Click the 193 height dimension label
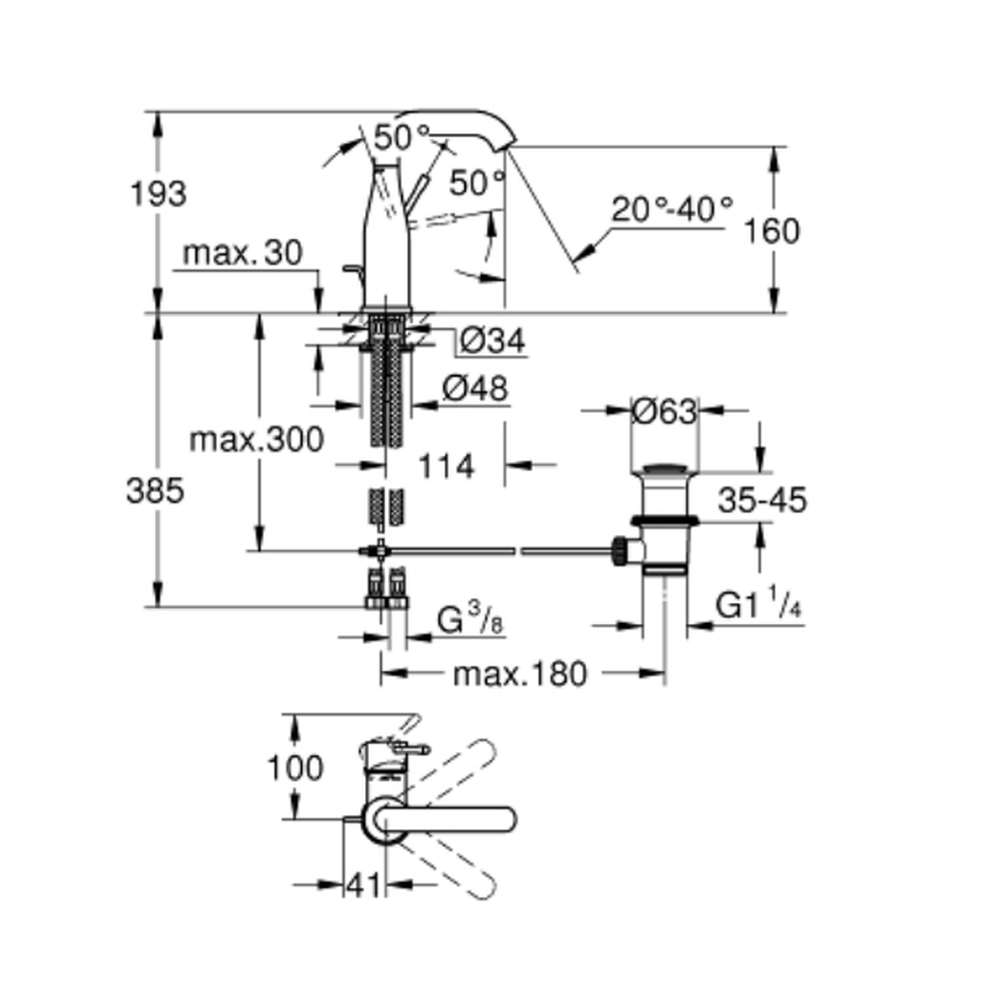coord(158,193)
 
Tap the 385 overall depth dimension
coord(155,491)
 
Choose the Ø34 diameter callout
coord(493,342)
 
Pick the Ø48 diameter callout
coord(476,389)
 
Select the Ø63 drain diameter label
coord(664,411)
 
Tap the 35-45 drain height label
coord(761,500)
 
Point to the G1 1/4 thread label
coord(758,605)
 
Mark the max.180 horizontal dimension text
coord(519,674)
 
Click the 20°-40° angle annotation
coord(671,209)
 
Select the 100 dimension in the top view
coord(295,767)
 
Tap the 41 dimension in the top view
coord(362,886)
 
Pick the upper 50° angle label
coord(403,137)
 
